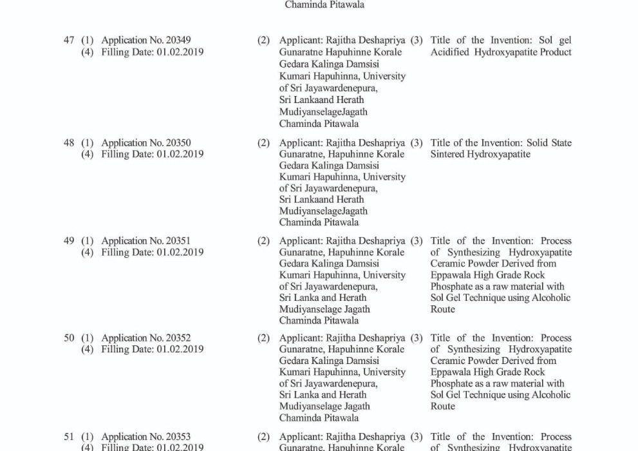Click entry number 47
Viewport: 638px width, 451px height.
(69, 41)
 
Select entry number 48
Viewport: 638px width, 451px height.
(69, 143)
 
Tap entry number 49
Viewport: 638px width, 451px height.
(69, 241)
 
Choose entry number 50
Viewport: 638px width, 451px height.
(69, 338)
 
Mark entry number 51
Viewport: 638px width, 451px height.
(69, 437)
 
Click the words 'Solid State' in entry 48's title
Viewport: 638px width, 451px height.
(547, 143)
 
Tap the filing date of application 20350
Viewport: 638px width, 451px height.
(180, 155)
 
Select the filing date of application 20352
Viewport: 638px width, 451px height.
(180, 349)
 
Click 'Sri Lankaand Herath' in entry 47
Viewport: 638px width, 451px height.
(321, 100)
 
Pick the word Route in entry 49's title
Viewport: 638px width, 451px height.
(442, 309)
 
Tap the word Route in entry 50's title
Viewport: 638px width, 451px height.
(442, 407)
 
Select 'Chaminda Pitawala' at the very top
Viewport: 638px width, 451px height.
(319, 4)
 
